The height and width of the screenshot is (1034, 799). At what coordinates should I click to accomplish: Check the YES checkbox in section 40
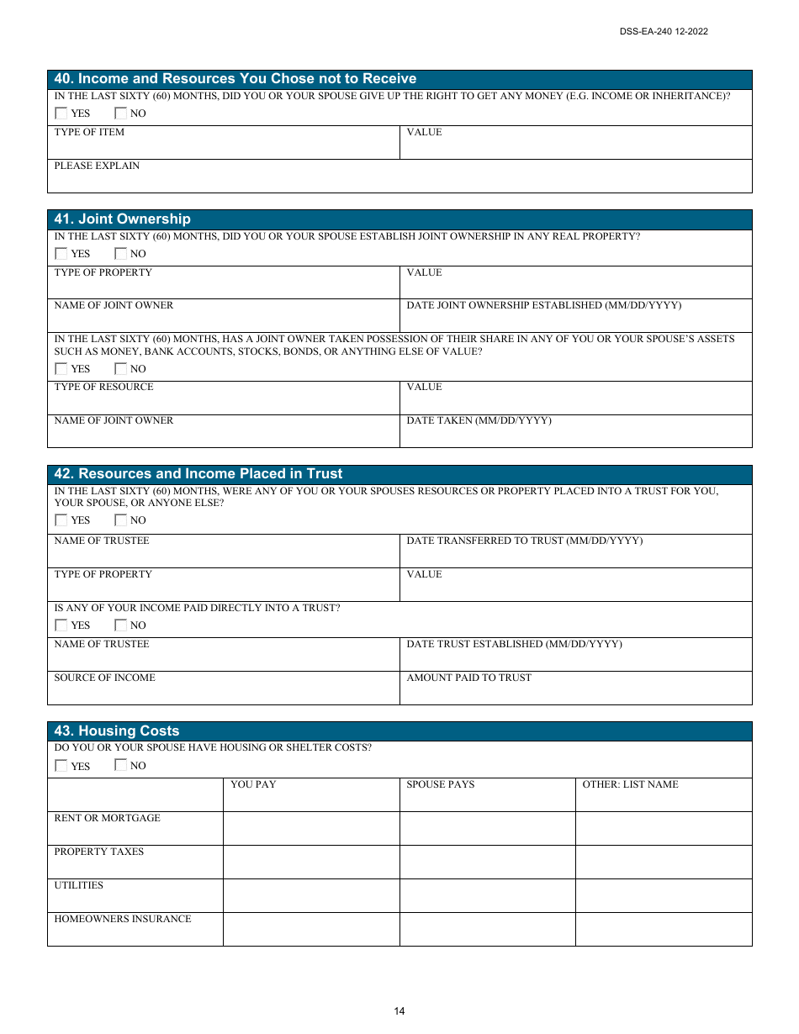coord(61,113)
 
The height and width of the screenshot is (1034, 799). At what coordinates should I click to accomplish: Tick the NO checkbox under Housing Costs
coord(120,766)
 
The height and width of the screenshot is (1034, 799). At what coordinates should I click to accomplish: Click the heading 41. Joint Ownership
coord(123,219)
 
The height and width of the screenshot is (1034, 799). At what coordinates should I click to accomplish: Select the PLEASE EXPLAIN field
coord(399,177)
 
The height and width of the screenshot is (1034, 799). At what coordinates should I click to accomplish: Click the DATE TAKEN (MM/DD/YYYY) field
coord(575,432)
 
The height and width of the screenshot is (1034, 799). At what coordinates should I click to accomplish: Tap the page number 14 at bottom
coord(399,1011)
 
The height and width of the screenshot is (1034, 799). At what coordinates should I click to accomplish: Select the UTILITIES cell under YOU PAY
coord(311,896)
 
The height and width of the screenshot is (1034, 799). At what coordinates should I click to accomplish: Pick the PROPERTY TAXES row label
coord(99,852)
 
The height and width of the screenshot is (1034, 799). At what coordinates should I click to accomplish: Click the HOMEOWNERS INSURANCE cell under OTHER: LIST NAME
coord(664,930)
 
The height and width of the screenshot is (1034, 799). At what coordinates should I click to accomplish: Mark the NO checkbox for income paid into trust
coord(120,625)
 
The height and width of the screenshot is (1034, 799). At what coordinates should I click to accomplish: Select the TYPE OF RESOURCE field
coord(224,398)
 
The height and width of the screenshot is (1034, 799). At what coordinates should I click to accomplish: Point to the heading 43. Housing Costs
coord(117,731)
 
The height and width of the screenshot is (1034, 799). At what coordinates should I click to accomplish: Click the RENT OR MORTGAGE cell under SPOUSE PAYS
coord(487,829)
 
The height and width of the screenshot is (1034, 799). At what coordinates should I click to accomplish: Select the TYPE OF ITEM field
coord(224,144)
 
